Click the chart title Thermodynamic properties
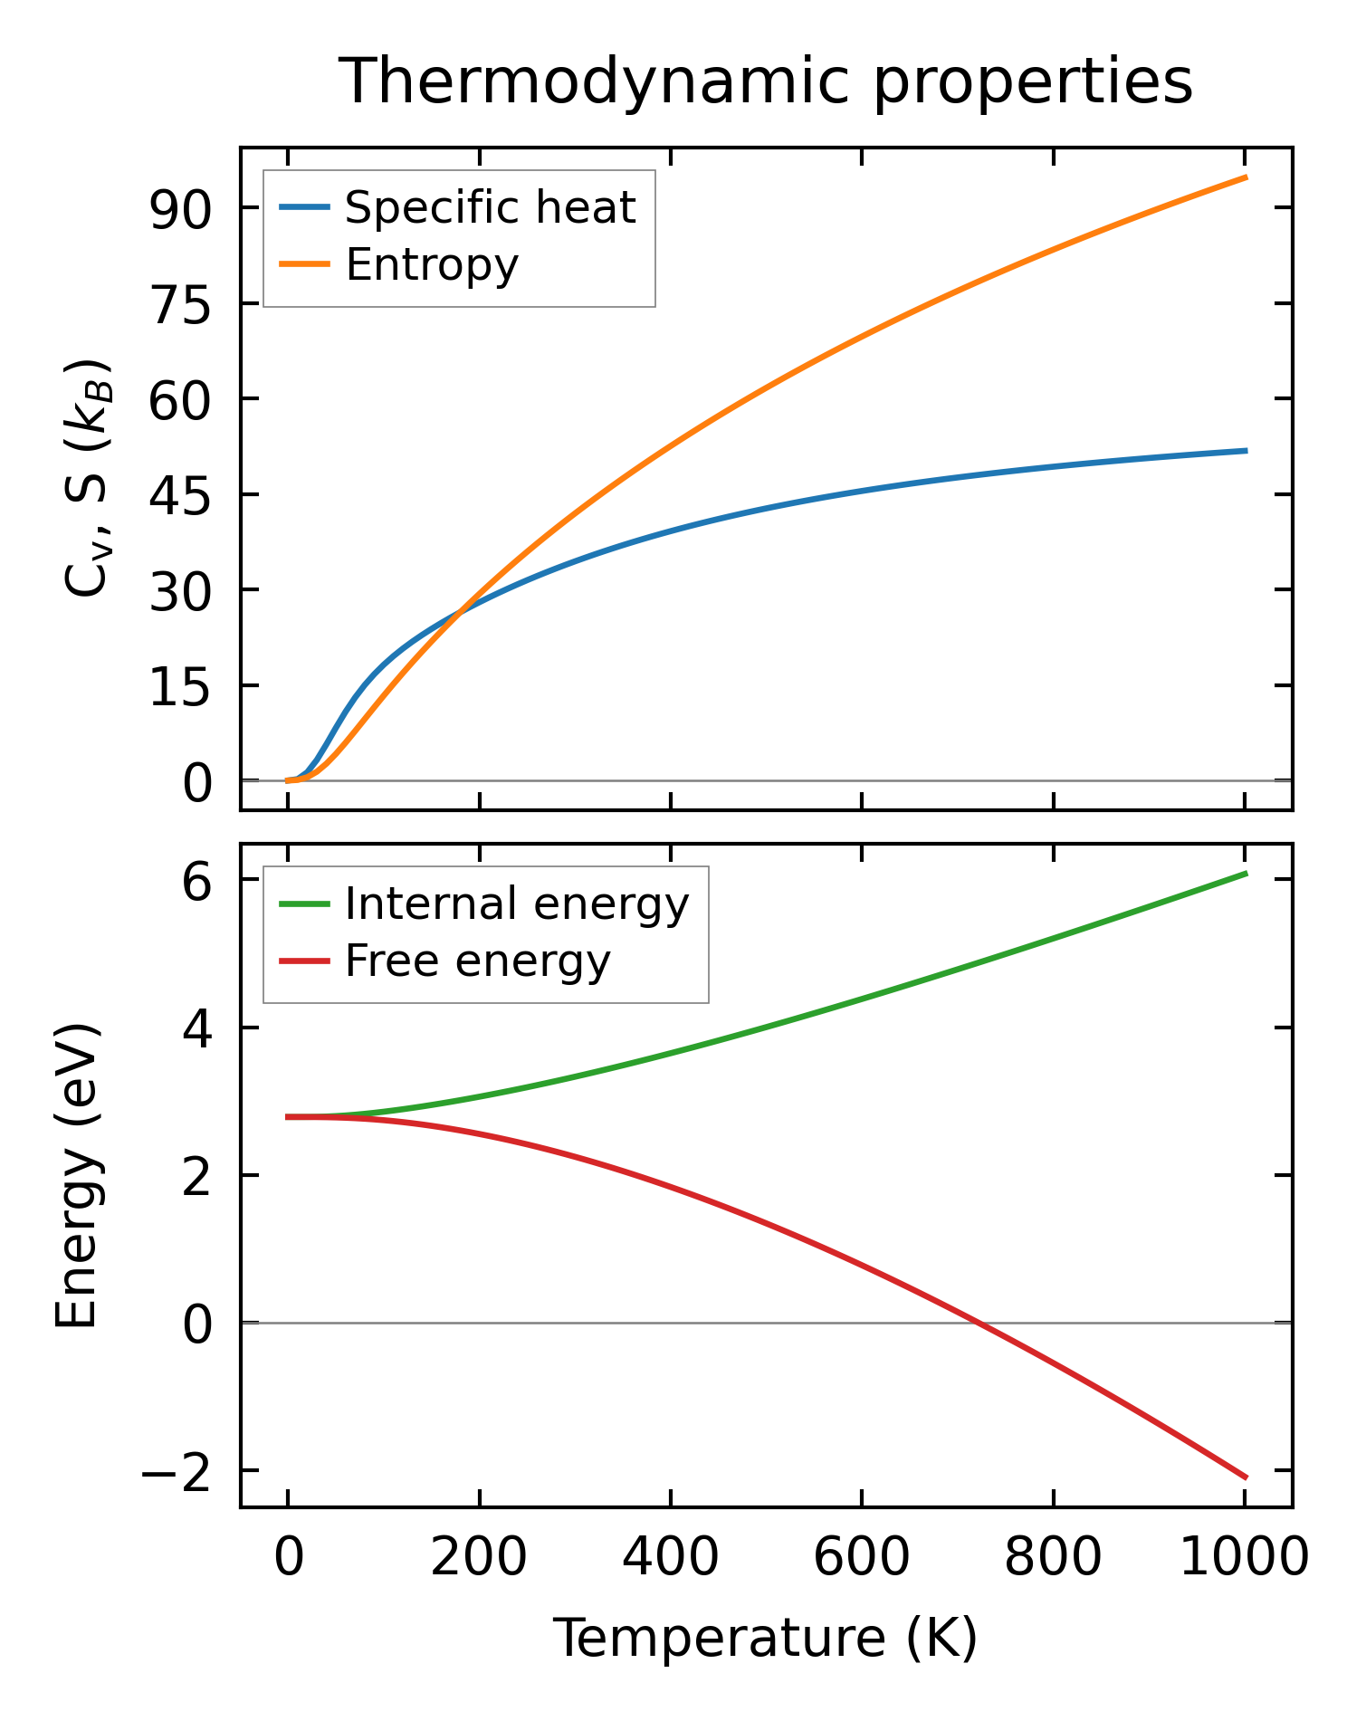pos(766,82)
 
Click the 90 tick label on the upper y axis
pos(180,209)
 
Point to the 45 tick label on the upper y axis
pos(180,495)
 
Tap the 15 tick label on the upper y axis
pos(180,686)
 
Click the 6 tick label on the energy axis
pos(196,881)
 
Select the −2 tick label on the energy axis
pos(176,1471)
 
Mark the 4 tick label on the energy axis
pos(196,1028)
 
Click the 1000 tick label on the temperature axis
pos(1245,1559)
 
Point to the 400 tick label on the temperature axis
pos(670,1559)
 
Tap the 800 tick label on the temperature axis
pos(1053,1559)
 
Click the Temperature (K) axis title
pos(766,1640)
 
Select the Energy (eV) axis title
pos(76,1176)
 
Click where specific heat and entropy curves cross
pos(460,612)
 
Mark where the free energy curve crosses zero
pos(979,1323)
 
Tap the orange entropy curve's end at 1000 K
pos(1246,177)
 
